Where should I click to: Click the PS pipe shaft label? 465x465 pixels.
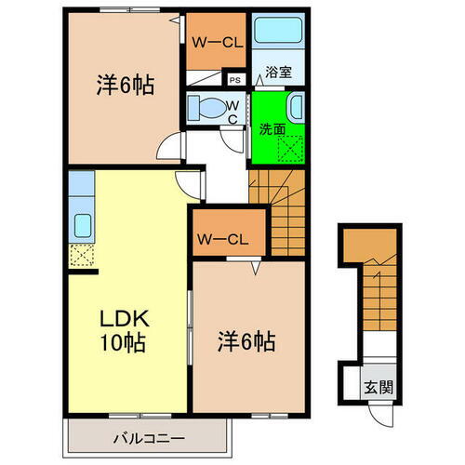(x=235, y=80)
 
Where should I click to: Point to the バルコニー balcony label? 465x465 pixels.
(x=150, y=437)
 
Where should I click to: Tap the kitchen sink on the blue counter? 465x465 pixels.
(x=80, y=224)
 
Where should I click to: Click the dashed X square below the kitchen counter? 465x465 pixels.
(x=79, y=251)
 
